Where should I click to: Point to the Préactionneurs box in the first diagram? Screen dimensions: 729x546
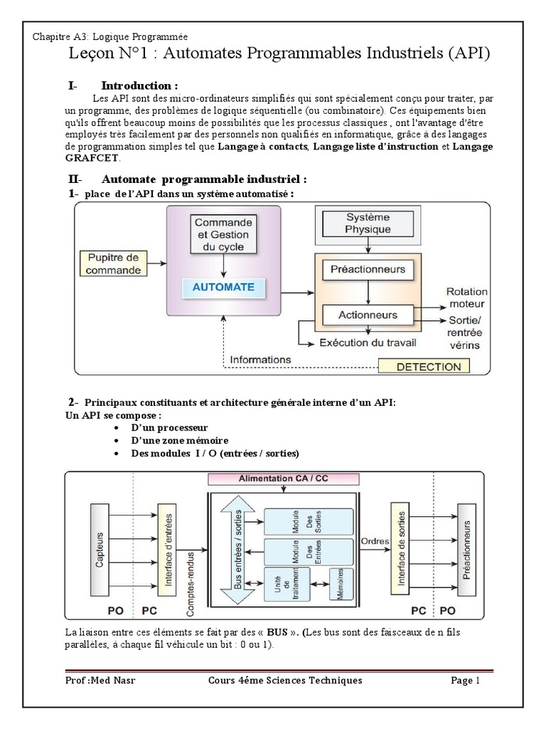coord(368,269)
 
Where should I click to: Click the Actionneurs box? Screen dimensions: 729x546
coord(368,314)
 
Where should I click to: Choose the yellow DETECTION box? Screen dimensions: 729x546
coord(424,367)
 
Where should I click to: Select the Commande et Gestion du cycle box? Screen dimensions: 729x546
coord(223,234)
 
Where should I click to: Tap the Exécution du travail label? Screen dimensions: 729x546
coord(367,343)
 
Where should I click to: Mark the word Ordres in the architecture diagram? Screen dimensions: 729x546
coord(375,541)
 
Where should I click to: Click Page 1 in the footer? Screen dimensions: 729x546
coord(466,681)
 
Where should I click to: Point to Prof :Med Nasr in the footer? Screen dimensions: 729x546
coord(100,681)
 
